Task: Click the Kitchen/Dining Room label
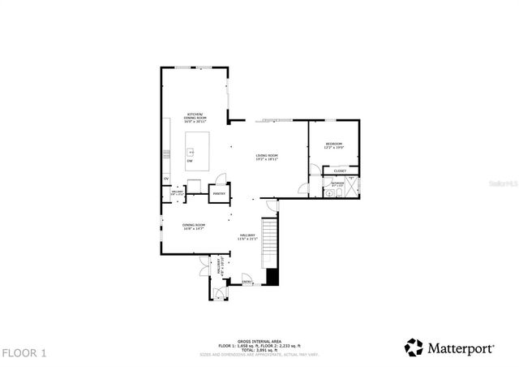point(195,118)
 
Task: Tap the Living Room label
point(268,158)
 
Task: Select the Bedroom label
point(334,146)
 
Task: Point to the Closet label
point(340,171)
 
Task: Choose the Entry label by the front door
point(246,282)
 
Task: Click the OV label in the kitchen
point(165,178)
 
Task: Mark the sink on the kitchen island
point(192,150)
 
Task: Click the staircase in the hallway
point(269,244)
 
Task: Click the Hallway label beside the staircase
point(247,237)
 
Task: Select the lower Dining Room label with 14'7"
point(193,227)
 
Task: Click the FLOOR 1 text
point(24,353)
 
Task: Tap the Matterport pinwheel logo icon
point(414,348)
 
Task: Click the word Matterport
point(461,348)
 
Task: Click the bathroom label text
point(337,184)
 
